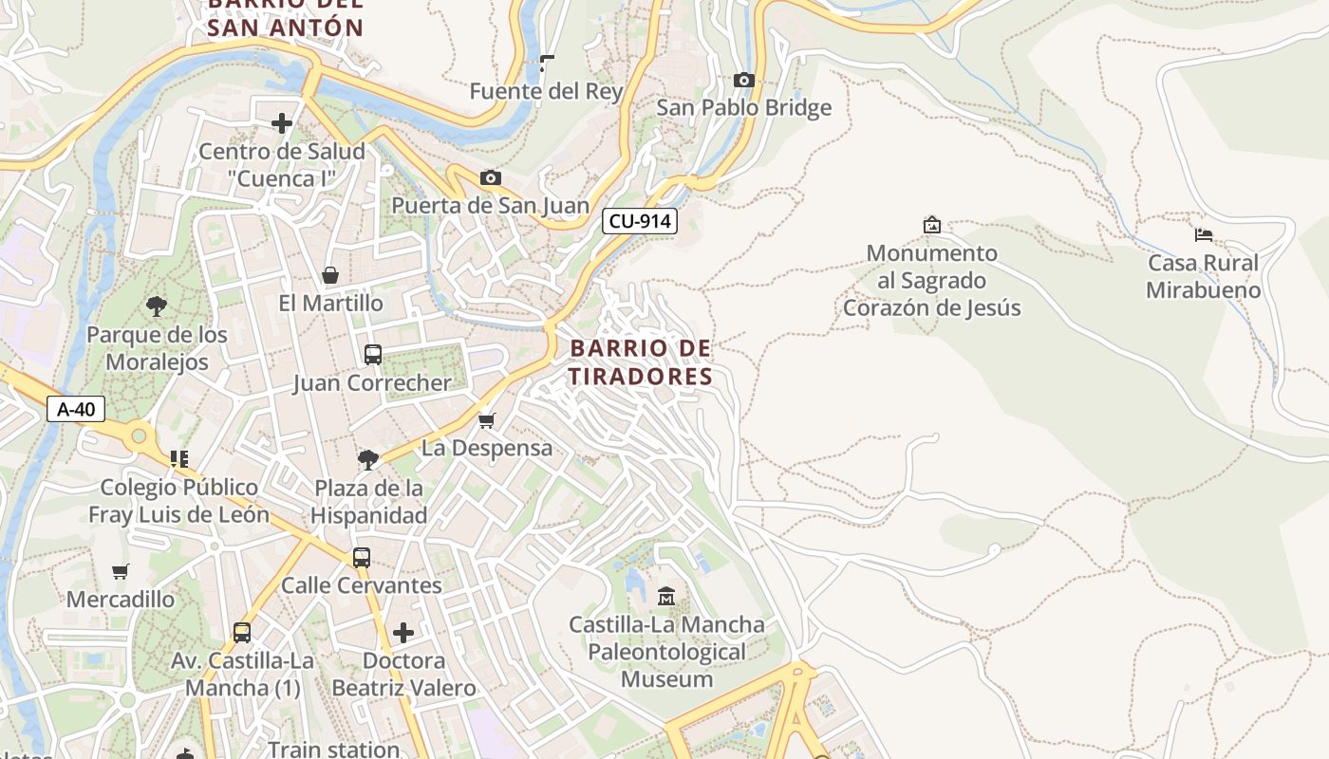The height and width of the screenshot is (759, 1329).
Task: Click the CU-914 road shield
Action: pyautogui.click(x=640, y=221)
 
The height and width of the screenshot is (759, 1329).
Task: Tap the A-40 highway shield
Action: pyautogui.click(x=76, y=409)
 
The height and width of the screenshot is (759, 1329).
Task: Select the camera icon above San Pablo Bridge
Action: pyautogui.click(x=744, y=81)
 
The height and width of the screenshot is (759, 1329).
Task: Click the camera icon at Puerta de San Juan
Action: pyautogui.click(x=490, y=178)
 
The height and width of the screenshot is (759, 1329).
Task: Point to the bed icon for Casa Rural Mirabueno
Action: pyautogui.click(x=1204, y=235)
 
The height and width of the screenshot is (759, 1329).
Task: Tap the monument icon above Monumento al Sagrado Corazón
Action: pyautogui.click(x=931, y=225)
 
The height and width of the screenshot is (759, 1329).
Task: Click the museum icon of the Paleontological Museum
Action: pyautogui.click(x=666, y=597)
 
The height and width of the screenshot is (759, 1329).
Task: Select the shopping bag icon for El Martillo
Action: pyautogui.click(x=330, y=276)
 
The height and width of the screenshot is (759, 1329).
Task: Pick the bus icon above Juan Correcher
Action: pyautogui.click(x=373, y=355)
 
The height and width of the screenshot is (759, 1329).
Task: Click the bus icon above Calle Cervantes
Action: pyautogui.click(x=361, y=558)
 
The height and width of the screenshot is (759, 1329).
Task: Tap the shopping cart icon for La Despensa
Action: pyautogui.click(x=486, y=420)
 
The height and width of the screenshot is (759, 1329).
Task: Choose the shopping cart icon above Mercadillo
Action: pyautogui.click(x=120, y=572)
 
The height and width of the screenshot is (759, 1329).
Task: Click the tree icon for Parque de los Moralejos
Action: pyautogui.click(x=157, y=306)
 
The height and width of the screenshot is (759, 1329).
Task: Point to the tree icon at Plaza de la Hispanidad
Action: pyautogui.click(x=368, y=460)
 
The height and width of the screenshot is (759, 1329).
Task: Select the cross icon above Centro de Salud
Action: pyautogui.click(x=282, y=123)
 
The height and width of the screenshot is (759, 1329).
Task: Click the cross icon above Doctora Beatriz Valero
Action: pyautogui.click(x=403, y=633)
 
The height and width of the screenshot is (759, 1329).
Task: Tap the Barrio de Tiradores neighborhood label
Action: pyautogui.click(x=641, y=362)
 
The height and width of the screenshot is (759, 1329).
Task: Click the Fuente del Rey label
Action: pyautogui.click(x=547, y=91)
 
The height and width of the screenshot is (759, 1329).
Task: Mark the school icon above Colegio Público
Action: pyautogui.click(x=178, y=459)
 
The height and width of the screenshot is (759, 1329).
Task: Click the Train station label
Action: pyautogui.click(x=333, y=749)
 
